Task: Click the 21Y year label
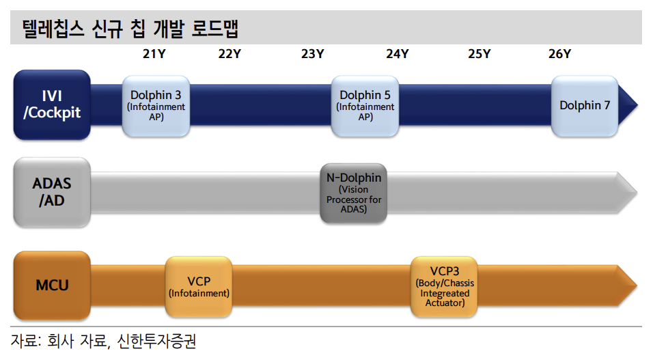154,55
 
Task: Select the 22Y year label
230,55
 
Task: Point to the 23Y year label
312,55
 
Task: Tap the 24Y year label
397,55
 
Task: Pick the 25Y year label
479,55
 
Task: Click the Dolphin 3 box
156,105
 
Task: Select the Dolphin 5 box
365,105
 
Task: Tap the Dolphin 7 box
584,105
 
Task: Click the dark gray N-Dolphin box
354,193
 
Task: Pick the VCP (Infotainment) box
199,286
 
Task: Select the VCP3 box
444,286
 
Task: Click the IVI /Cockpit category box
52,105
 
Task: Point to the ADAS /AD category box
52,193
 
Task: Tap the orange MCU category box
52,285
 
